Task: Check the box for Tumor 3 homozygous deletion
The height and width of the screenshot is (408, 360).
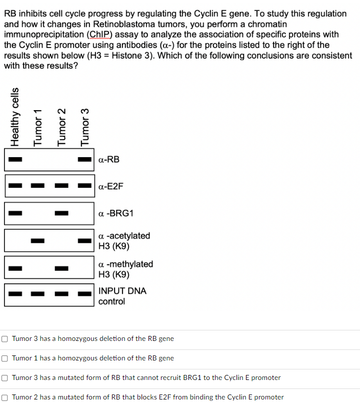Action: pyautogui.click(x=4, y=339)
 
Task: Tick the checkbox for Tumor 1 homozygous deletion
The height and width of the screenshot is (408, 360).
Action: pyautogui.click(x=4, y=358)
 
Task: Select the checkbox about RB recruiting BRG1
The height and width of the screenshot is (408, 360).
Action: pyautogui.click(x=4, y=378)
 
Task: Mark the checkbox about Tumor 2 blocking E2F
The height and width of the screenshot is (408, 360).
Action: pyautogui.click(x=4, y=397)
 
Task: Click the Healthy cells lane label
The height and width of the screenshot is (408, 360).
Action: pyautogui.click(x=15, y=117)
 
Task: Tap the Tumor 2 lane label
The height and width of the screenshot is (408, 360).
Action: pyautogui.click(x=61, y=127)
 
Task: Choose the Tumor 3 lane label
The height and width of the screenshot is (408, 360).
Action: pyautogui.click(x=85, y=127)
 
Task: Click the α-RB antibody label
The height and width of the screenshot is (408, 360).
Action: pyautogui.click(x=109, y=160)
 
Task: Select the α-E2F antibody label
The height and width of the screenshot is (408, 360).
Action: pyautogui.click(x=111, y=186)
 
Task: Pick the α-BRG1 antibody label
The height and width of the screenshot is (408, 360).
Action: pyautogui.click(x=116, y=214)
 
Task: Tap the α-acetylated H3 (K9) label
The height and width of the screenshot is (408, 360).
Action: pyautogui.click(x=124, y=241)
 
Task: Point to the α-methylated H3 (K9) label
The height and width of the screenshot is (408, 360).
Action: pyautogui.click(x=125, y=269)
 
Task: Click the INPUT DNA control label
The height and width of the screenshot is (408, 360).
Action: pyautogui.click(x=122, y=296)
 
